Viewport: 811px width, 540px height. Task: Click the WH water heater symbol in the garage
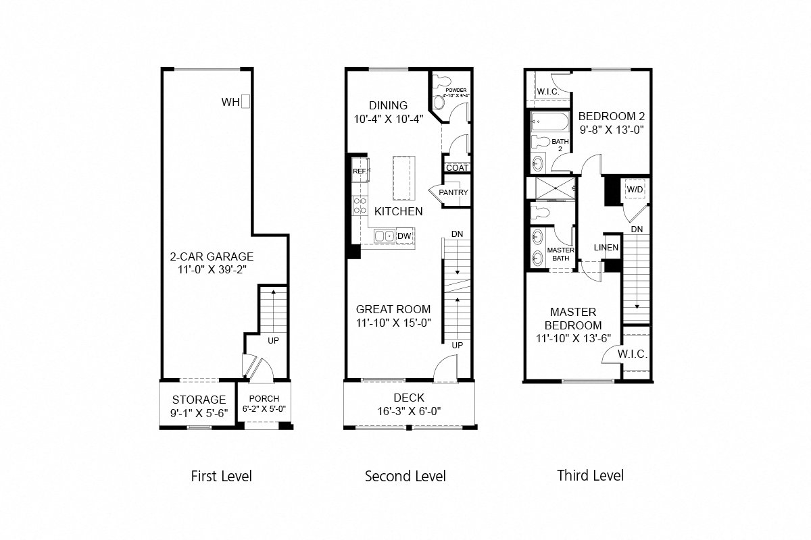pyautogui.click(x=247, y=102)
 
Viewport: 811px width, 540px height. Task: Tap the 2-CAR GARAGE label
pyautogui.click(x=212, y=256)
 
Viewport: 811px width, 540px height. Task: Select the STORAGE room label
pyautogui.click(x=199, y=400)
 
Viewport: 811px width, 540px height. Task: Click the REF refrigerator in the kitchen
pyautogui.click(x=360, y=171)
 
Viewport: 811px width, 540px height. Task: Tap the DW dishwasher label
pyautogui.click(x=404, y=236)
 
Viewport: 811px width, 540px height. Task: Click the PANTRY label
pyautogui.click(x=453, y=192)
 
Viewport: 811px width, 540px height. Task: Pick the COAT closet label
pyautogui.click(x=457, y=167)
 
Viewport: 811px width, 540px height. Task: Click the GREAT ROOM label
pyautogui.click(x=393, y=309)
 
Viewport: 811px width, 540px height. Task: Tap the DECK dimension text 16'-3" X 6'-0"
pyautogui.click(x=408, y=410)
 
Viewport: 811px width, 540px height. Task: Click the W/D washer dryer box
pyautogui.click(x=635, y=190)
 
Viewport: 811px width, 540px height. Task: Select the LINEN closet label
pyautogui.click(x=606, y=248)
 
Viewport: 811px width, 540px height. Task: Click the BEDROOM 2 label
pyautogui.click(x=606, y=116)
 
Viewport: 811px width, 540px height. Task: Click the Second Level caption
pyautogui.click(x=405, y=477)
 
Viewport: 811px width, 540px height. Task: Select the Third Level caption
pyautogui.click(x=590, y=475)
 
